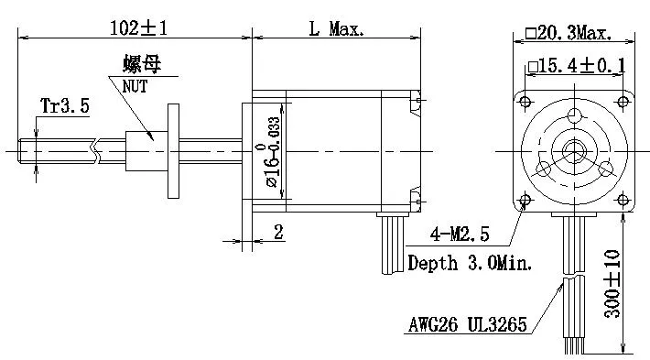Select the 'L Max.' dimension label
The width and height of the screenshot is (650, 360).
click(x=335, y=28)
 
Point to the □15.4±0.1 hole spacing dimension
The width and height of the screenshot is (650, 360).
click(x=576, y=66)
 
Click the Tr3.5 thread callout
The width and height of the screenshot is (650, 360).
click(x=64, y=106)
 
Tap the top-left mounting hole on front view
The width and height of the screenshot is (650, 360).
click(x=525, y=98)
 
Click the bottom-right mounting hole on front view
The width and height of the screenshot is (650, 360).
click(x=627, y=200)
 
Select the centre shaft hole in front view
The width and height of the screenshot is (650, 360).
click(x=575, y=149)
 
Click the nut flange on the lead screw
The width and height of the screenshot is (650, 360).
click(x=172, y=148)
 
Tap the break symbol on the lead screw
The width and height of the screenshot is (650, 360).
click(x=94, y=148)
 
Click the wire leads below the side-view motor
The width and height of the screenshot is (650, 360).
click(x=392, y=243)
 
